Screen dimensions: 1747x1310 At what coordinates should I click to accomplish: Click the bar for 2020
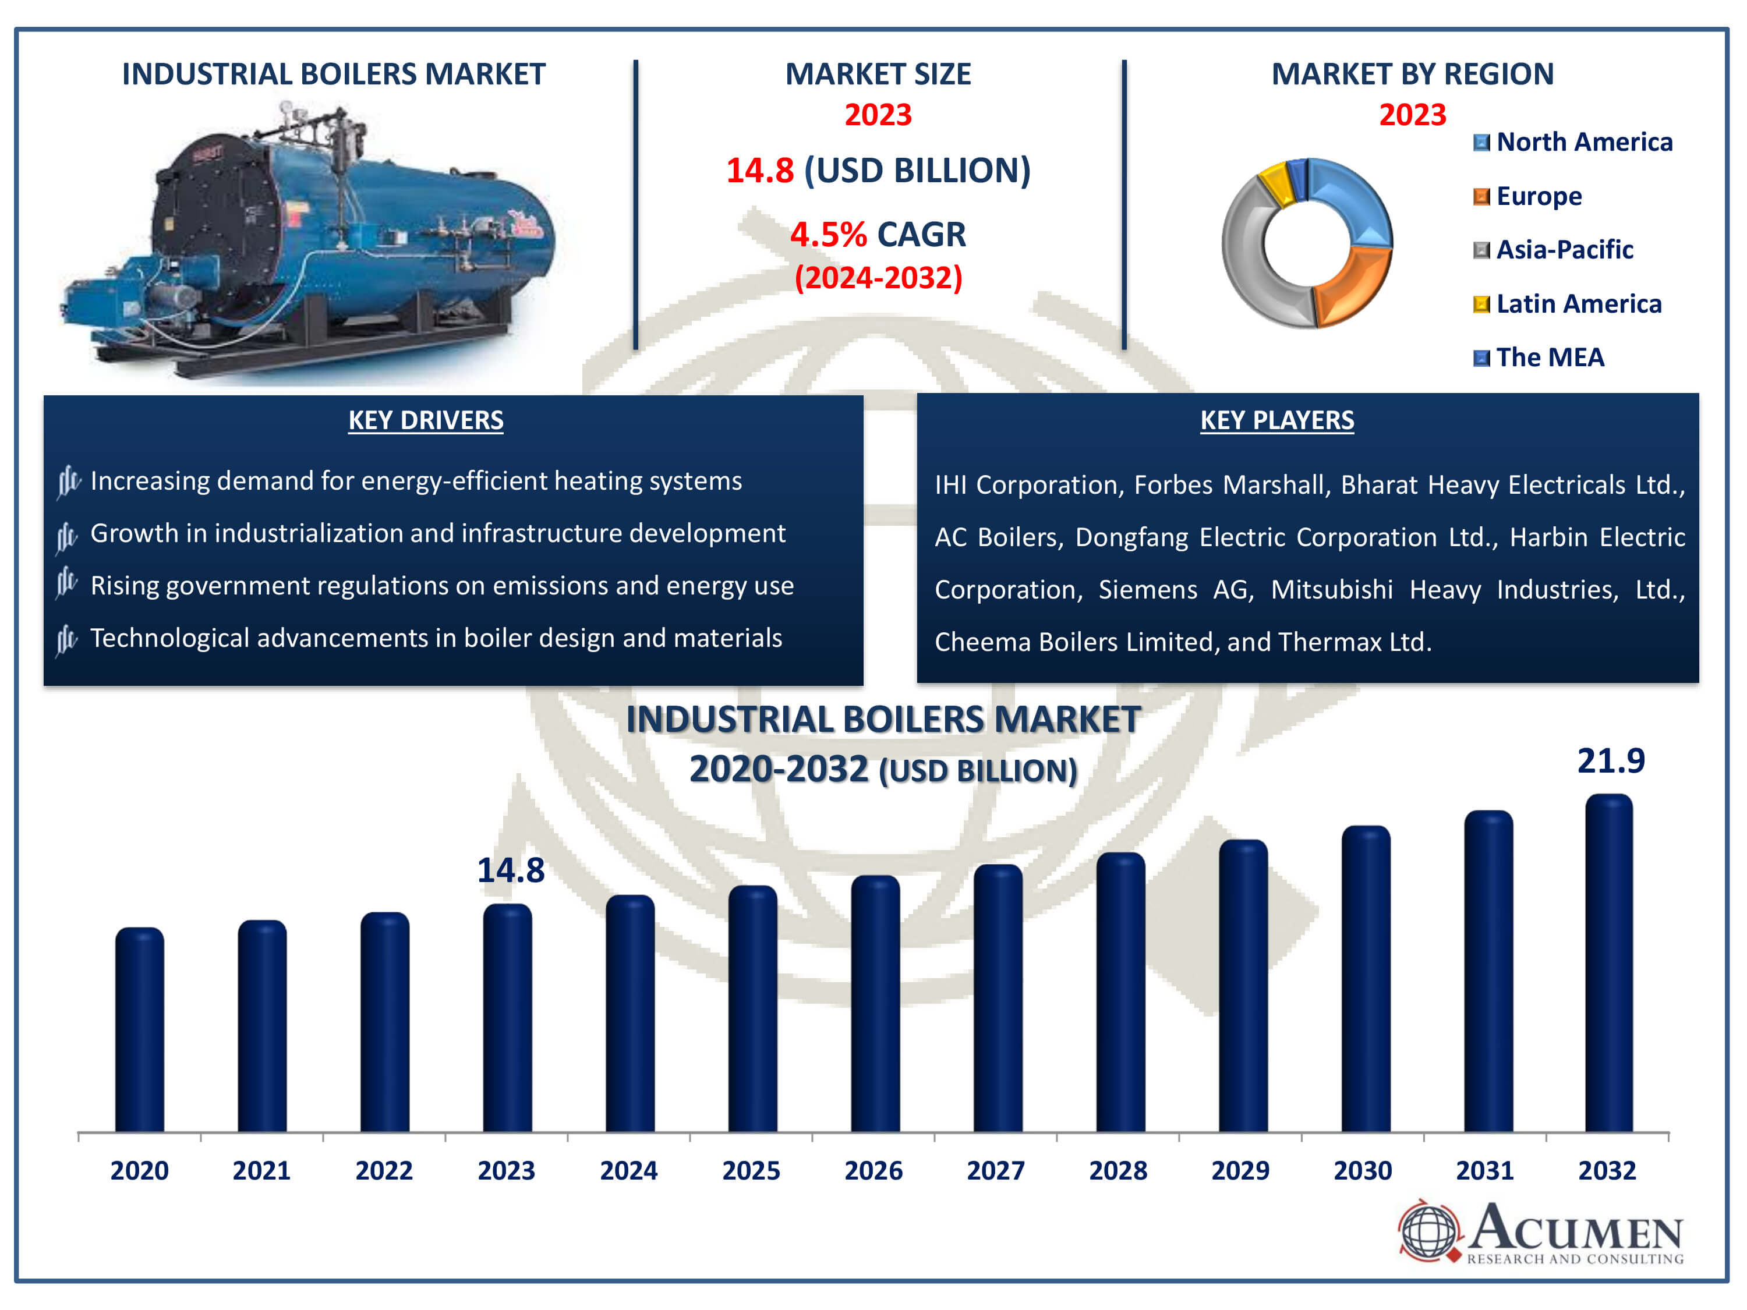click(140, 1030)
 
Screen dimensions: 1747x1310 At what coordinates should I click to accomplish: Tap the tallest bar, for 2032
click(1609, 964)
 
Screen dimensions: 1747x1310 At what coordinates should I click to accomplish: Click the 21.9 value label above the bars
click(1610, 760)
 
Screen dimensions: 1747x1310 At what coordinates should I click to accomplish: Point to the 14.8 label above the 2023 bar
click(511, 870)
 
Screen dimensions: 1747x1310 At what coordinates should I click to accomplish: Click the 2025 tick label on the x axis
click(751, 1170)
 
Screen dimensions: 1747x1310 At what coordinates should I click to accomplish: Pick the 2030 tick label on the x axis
click(1363, 1170)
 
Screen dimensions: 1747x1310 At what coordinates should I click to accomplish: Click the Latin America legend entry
click(1567, 304)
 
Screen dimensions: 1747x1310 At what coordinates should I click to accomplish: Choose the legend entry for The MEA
click(1539, 357)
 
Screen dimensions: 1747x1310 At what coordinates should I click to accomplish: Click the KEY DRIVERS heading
click(426, 420)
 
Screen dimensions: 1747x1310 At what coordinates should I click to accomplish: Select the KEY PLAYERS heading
click(1277, 420)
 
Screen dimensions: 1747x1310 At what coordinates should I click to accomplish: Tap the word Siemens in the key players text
click(1148, 590)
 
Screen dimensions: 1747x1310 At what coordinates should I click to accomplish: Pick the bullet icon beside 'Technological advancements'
click(67, 640)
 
